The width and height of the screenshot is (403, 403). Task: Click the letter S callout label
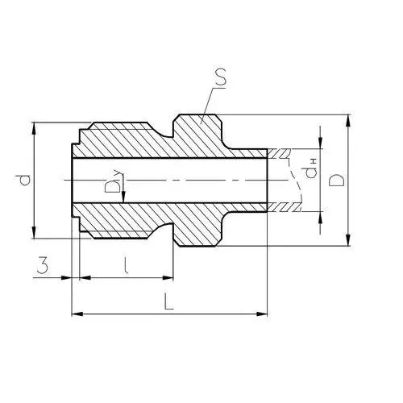tap(221, 78)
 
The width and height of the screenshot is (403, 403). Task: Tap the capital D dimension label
tap(336, 180)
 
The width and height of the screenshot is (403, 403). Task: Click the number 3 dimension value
tap(43, 265)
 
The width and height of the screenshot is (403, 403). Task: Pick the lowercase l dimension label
tap(125, 265)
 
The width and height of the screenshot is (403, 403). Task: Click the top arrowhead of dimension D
tap(348, 120)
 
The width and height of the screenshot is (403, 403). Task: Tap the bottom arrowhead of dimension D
tap(348, 240)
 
